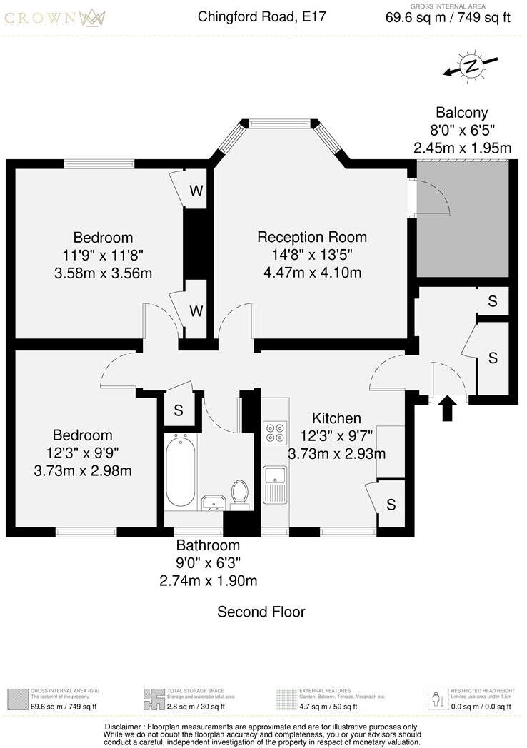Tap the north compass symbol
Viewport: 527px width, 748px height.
tap(471, 66)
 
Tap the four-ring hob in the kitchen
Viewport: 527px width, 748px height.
tap(275, 433)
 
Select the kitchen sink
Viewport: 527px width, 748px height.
tap(275, 482)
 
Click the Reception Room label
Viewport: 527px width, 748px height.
tap(312, 237)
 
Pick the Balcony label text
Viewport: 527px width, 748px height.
tap(462, 112)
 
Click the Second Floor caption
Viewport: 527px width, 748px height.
tap(261, 612)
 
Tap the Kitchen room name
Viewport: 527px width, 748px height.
tap(336, 418)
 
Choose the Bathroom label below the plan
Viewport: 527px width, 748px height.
tap(208, 546)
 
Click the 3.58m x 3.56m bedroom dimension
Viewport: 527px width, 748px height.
tap(103, 273)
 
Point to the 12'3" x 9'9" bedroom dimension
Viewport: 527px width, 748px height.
tap(82, 453)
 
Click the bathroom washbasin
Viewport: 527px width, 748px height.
tap(213, 503)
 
